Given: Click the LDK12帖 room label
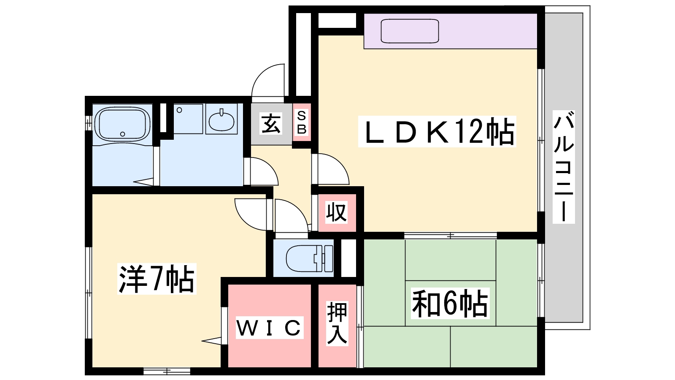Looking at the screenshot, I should coord(437,131).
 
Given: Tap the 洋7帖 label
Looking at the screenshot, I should coord(157,279).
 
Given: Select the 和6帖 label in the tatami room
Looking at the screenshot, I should coord(450,303).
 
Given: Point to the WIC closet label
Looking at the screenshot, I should coord(269,327).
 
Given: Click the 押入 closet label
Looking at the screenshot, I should coord(337,323).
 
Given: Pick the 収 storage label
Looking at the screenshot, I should coord(336,212).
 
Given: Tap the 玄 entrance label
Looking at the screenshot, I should coord(271,124).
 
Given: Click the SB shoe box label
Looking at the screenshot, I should coord(302,122).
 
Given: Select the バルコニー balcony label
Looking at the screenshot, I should coord(564,166).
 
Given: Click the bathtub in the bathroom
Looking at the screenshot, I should coord(122,124).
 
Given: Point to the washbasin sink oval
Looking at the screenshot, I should coord(221,122).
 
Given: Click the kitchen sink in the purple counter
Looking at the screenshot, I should coord(410,31).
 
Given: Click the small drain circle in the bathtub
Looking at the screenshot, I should coord(123,134).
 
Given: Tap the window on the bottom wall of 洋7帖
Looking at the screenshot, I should coord(167,372).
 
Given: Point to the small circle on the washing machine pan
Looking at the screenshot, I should coord(179,110).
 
